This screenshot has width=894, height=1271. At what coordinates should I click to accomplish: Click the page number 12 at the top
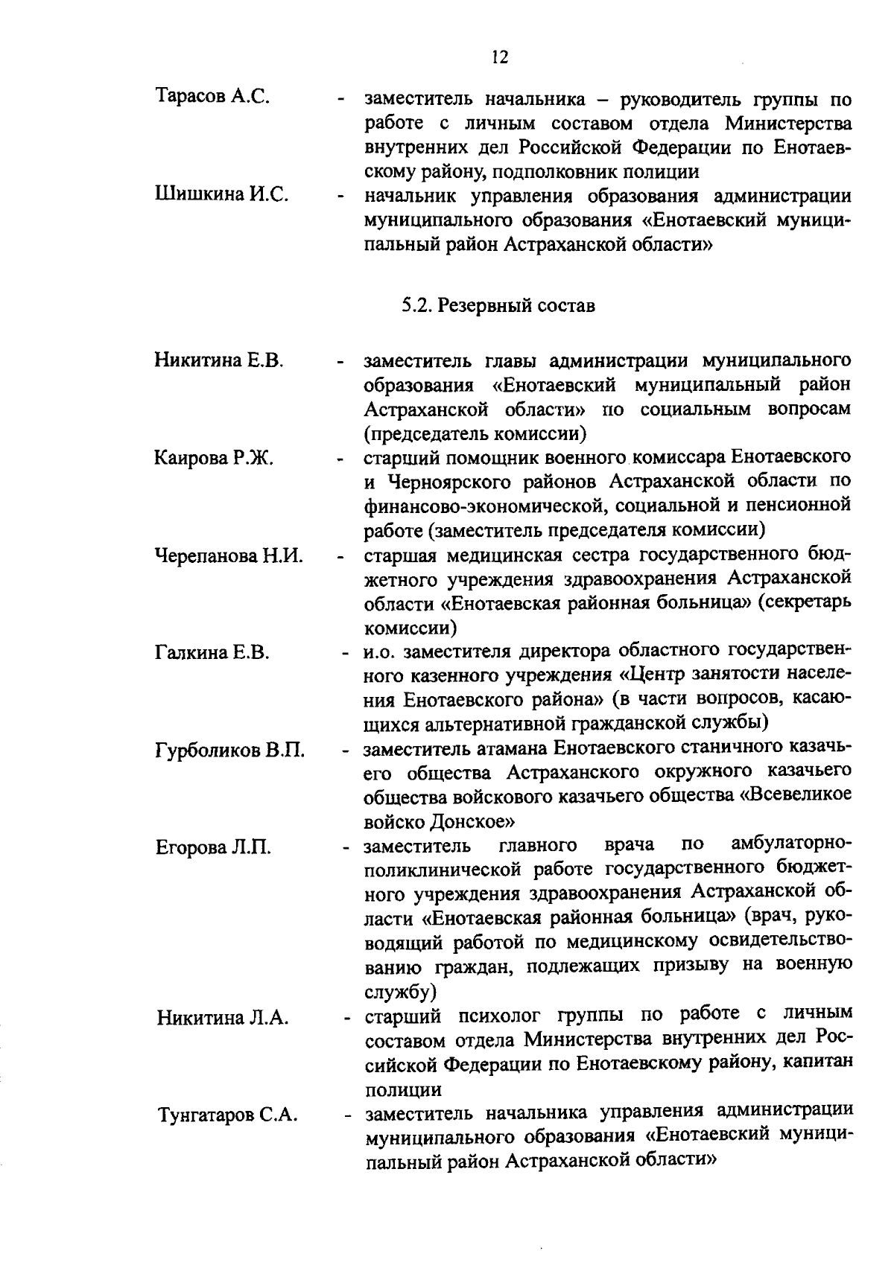click(500, 57)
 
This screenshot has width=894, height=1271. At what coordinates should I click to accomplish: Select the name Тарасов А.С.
click(212, 98)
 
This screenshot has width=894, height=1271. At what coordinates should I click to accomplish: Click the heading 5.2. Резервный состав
click(498, 306)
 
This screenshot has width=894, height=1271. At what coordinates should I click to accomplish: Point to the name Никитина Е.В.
click(219, 361)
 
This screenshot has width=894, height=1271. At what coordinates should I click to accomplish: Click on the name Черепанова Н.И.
click(228, 555)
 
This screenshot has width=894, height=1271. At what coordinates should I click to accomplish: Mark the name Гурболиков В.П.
click(229, 750)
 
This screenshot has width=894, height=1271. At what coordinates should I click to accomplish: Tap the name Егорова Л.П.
click(213, 847)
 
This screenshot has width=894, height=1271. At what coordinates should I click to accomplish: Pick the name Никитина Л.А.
click(222, 1018)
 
